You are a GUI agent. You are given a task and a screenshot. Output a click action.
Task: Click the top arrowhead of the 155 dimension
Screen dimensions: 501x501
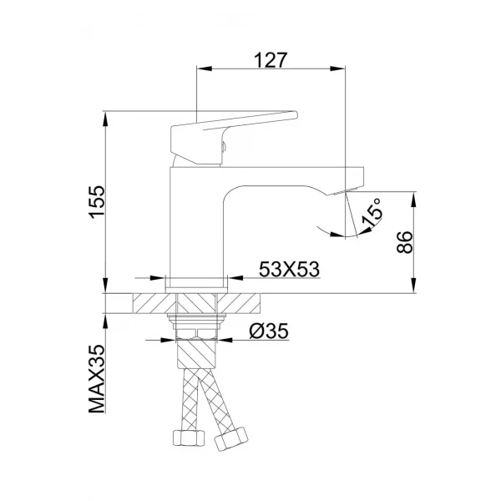(106, 116)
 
